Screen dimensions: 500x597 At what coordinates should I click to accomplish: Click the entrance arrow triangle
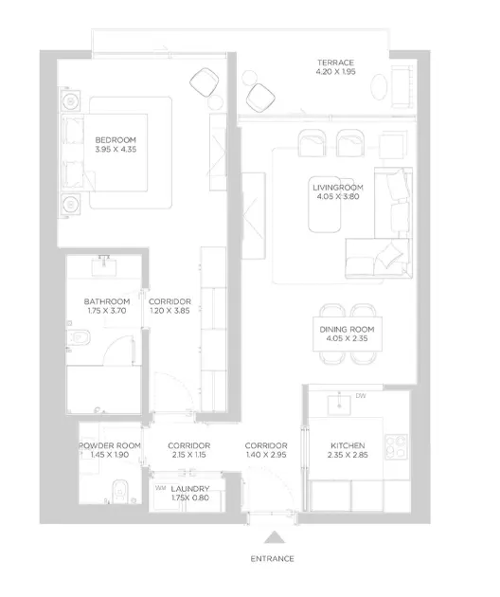(275, 537)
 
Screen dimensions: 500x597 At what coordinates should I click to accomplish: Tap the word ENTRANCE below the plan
(272, 558)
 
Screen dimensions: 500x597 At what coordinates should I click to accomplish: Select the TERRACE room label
(335, 63)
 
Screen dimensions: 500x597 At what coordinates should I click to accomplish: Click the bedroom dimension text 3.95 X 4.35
(116, 150)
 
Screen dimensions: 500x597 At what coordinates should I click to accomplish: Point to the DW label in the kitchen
(361, 396)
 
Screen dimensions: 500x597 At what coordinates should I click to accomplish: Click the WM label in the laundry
(161, 488)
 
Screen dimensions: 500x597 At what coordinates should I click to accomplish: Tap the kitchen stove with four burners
(396, 446)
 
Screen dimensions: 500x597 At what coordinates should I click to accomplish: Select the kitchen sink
(339, 406)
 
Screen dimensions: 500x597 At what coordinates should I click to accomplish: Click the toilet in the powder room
(120, 491)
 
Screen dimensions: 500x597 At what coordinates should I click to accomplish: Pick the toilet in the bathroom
(79, 337)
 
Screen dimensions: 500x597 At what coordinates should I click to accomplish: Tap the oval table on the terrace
(380, 87)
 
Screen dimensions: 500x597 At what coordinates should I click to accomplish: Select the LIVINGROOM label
(338, 188)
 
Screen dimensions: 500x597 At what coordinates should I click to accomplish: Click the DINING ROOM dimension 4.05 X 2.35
(347, 338)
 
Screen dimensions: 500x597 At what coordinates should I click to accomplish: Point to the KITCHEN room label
(348, 445)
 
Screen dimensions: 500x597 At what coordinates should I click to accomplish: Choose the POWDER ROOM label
(110, 445)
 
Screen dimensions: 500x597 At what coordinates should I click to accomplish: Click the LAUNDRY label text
(190, 488)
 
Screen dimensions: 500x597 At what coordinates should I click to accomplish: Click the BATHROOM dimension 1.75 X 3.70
(107, 311)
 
